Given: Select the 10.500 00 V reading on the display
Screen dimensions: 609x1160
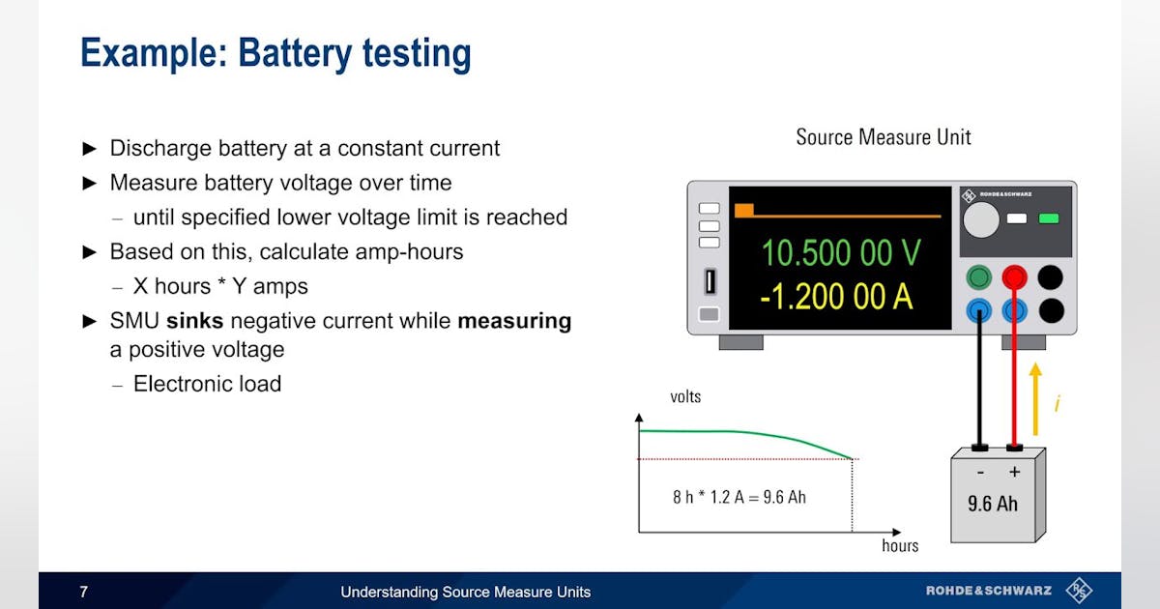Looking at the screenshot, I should point(841,253).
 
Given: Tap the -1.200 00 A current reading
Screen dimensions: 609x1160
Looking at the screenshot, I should point(836,297).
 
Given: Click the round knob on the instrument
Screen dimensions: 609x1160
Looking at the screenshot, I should point(980,220).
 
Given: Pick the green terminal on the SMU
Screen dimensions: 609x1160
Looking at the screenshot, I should point(979,278).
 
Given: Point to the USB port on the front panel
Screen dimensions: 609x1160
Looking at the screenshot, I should point(709,281).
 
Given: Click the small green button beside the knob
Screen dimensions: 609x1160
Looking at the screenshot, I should point(1048,218).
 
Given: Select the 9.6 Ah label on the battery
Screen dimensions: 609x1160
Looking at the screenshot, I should point(993,503).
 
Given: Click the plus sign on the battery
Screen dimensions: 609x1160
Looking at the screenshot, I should point(1014,472).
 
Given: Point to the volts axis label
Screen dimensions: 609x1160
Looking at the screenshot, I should point(685,397).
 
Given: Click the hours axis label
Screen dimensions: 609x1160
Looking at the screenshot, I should point(900,546).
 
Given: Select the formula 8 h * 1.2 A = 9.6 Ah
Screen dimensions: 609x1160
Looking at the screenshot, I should point(739,497).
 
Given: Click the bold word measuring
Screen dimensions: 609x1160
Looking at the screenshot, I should point(514,321).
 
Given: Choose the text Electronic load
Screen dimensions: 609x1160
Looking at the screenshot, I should point(207,384).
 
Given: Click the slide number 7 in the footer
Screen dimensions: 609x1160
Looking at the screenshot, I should point(83,592).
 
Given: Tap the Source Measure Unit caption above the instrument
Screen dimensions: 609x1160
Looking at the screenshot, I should point(883,137).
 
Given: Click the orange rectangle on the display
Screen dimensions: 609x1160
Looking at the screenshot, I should point(743,210).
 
